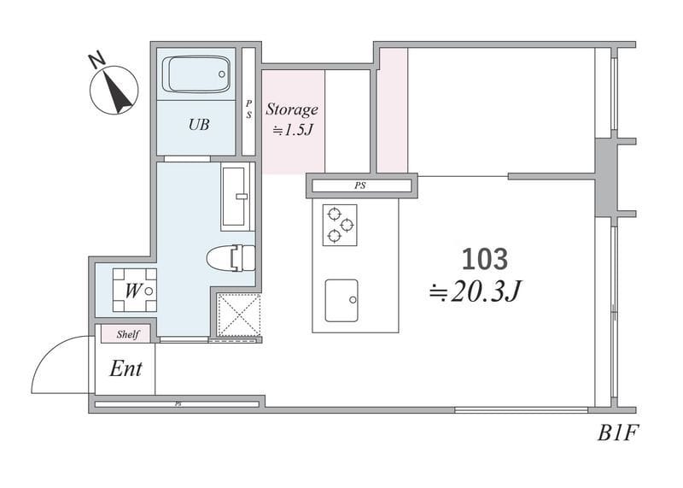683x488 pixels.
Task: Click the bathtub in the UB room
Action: pyautogui.click(x=196, y=73)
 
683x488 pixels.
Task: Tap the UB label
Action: pyautogui.click(x=199, y=125)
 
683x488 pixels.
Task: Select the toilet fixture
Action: pyautogui.click(x=231, y=258)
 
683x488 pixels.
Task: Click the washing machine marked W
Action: pyautogui.click(x=135, y=290)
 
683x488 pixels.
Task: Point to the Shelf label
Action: pyautogui.click(x=127, y=334)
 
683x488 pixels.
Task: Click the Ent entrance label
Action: pyautogui.click(x=126, y=369)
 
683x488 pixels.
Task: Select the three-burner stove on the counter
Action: pyautogui.click(x=340, y=225)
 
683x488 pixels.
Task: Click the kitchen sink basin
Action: pyautogui.click(x=342, y=301)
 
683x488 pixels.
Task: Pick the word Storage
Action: pyautogui.click(x=292, y=109)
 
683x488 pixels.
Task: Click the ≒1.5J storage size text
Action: pyautogui.click(x=293, y=130)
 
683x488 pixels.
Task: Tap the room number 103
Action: pyautogui.click(x=484, y=259)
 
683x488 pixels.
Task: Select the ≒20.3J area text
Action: pyautogui.click(x=476, y=291)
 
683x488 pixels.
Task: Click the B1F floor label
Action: pyautogui.click(x=617, y=433)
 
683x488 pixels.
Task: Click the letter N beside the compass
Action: pyautogui.click(x=97, y=60)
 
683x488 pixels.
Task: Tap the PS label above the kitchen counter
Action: pyautogui.click(x=359, y=185)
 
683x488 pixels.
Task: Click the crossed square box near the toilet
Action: pyautogui.click(x=238, y=315)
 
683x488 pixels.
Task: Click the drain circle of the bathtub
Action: pyautogui.click(x=222, y=74)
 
